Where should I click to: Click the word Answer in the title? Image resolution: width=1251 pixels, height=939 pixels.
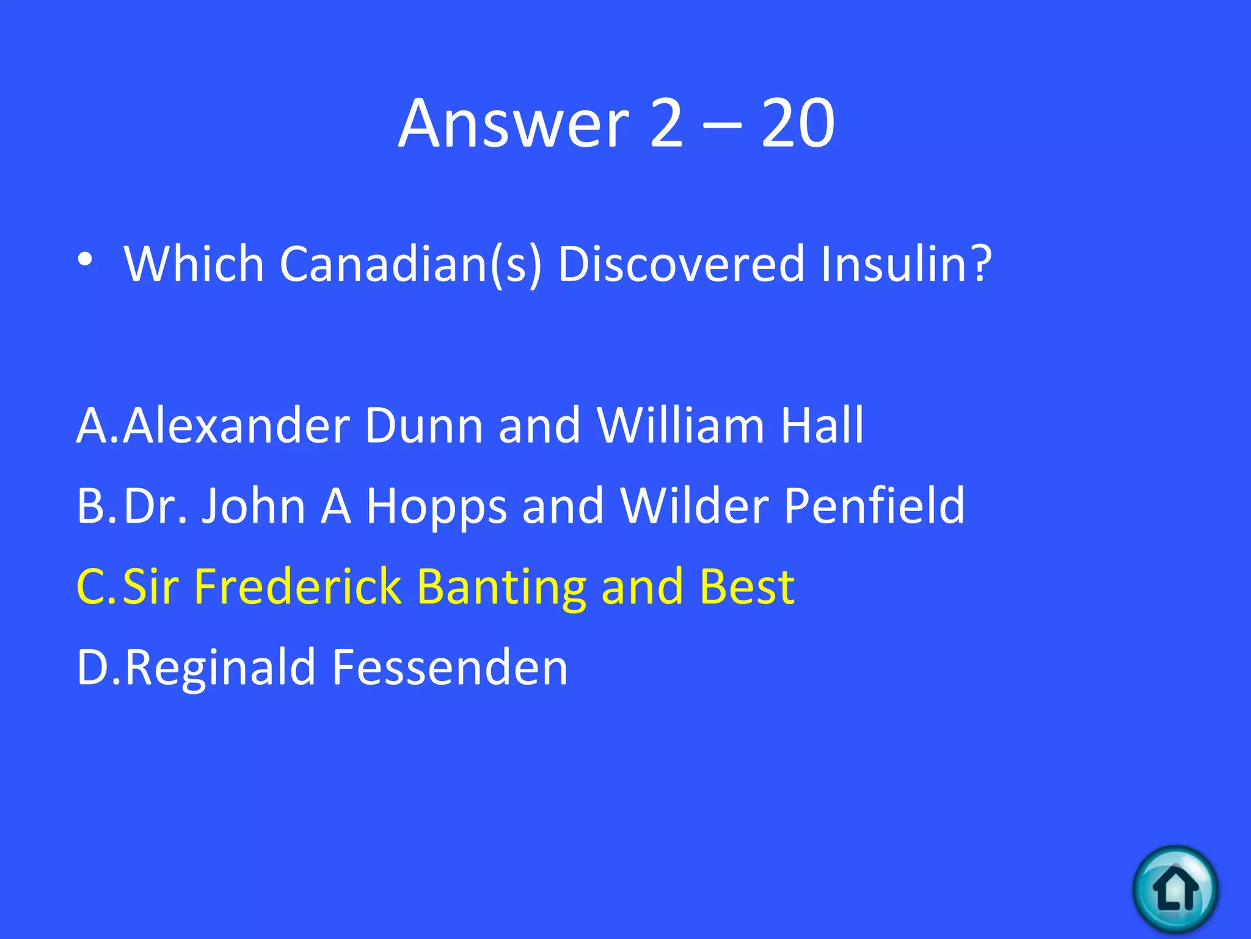514,123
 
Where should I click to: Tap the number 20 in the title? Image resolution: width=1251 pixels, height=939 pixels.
798,123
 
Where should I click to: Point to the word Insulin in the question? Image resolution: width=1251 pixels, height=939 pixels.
906,264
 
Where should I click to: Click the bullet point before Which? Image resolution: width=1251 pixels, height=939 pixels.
86,260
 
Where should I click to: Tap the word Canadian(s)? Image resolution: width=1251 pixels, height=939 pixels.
410,264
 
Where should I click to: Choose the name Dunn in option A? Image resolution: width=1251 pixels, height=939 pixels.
424,425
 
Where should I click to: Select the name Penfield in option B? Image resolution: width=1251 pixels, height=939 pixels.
874,506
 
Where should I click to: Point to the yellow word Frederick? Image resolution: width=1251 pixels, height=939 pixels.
297,587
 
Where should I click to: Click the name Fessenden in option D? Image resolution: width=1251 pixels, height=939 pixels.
450,668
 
